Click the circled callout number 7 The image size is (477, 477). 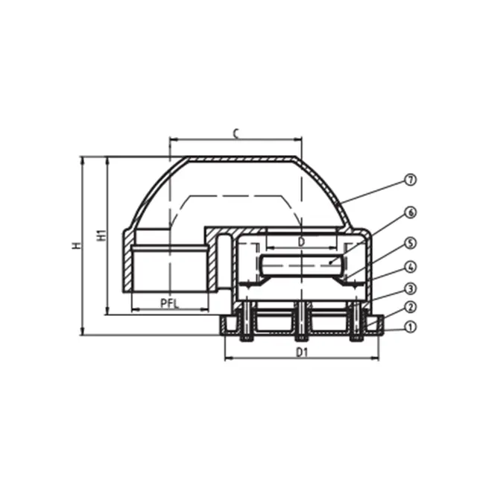pos(411,180)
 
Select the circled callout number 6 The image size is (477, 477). pos(411,212)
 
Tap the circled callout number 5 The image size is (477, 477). pos(411,244)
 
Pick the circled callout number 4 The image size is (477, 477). pos(411,267)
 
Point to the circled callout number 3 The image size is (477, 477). pos(411,288)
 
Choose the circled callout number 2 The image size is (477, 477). pos(411,307)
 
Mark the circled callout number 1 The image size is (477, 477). pos(411,327)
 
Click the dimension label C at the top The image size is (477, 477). pos(236,133)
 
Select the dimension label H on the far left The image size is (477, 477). pos(76,245)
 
